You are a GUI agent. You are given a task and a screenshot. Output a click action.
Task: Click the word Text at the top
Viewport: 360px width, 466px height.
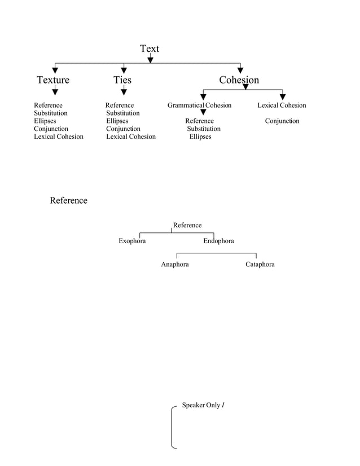coord(150,49)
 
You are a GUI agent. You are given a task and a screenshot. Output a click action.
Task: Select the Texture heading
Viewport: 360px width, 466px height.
coord(53,80)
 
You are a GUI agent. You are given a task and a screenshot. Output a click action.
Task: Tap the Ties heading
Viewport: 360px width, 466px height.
coord(122,80)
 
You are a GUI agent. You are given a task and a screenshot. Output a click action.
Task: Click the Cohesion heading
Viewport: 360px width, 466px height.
coord(239,80)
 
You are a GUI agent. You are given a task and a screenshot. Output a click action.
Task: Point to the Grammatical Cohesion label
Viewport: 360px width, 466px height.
coord(199,105)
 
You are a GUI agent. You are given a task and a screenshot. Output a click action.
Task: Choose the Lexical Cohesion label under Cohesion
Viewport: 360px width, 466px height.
coord(282,105)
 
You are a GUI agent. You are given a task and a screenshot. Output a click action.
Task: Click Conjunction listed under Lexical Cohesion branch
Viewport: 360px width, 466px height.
coord(282,121)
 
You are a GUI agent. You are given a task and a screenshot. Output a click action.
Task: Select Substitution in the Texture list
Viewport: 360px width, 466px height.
coord(51,113)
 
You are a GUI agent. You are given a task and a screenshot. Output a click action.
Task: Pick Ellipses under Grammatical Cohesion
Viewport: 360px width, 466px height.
coord(200,137)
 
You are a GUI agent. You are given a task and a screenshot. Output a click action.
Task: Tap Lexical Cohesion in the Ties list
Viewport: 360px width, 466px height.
coord(131,137)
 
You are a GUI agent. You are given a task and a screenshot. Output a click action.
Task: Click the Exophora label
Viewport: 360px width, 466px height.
coord(132,241)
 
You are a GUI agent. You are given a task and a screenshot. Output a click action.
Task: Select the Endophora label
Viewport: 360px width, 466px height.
coord(218,241)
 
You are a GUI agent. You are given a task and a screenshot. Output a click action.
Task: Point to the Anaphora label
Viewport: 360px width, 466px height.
coord(175,265)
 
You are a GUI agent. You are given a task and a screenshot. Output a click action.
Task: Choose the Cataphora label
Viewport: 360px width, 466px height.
coord(260,265)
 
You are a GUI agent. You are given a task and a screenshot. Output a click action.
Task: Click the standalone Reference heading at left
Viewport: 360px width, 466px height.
coord(68,201)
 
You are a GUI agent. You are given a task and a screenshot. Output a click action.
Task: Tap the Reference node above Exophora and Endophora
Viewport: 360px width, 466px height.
coord(187,226)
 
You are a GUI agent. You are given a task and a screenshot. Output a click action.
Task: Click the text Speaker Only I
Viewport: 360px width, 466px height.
coord(203,406)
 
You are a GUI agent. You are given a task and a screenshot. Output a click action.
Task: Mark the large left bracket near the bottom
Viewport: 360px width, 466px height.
coord(173,427)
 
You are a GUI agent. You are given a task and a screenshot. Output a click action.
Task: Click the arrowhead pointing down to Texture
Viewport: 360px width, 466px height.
coord(55,71)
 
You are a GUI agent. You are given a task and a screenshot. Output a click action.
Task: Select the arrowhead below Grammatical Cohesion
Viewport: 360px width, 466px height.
coord(203,113)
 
